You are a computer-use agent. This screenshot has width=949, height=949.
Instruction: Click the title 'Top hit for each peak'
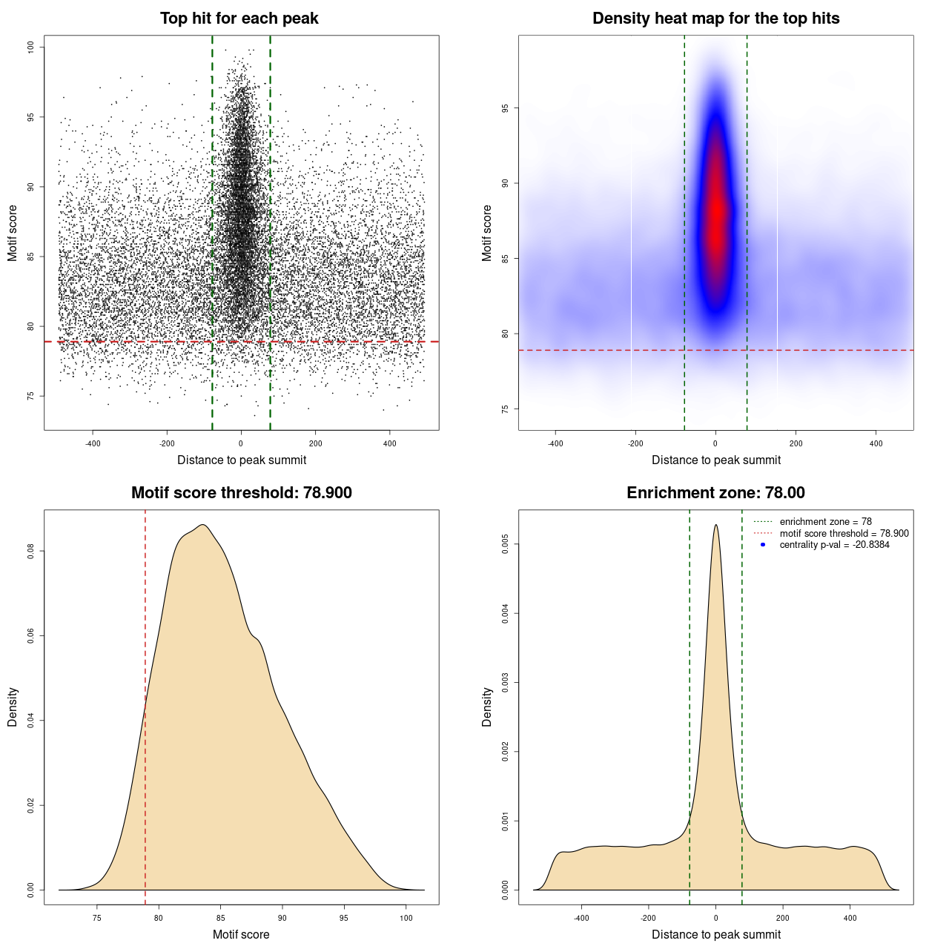point(239,19)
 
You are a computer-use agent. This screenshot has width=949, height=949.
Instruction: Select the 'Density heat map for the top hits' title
point(715,19)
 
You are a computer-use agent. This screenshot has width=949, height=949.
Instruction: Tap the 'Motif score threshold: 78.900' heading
point(241,493)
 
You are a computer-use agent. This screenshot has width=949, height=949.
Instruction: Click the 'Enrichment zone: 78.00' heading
point(715,493)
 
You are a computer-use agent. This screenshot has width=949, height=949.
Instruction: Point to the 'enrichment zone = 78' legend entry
point(825,522)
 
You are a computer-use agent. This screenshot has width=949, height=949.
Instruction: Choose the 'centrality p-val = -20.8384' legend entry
point(834,545)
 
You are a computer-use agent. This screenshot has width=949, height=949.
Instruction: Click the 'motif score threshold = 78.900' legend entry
point(844,534)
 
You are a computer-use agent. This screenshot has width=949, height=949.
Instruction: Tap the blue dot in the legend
point(763,545)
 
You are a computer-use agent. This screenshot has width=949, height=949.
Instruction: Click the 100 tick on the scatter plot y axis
point(31,47)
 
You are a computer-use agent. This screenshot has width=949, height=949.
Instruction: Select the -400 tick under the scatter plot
point(93,443)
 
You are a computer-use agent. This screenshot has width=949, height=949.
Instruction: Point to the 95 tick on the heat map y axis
point(506,108)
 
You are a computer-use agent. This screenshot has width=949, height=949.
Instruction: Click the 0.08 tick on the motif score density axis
point(31,551)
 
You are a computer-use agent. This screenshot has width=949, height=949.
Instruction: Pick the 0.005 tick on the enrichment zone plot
point(506,544)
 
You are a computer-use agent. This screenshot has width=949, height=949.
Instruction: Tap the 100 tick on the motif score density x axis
point(406,918)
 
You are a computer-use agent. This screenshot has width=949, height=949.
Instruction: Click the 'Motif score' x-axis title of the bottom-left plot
point(241,934)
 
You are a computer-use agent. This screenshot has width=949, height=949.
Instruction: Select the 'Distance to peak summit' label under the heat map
point(715,460)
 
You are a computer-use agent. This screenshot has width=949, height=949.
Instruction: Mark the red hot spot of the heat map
point(715,215)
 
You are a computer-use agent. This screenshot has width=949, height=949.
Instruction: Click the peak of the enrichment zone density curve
point(715,526)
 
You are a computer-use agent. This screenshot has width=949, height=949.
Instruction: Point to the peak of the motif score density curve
point(202,526)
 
